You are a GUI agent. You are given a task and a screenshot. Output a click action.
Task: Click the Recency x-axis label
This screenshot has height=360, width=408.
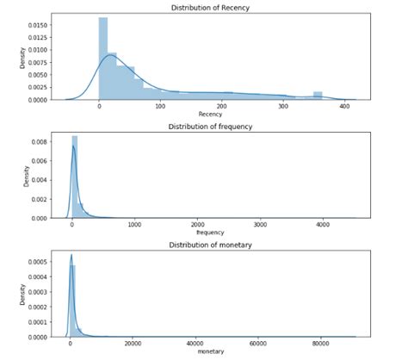click(x=210, y=114)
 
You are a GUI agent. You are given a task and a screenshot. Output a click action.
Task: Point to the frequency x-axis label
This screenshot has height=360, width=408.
click(x=210, y=233)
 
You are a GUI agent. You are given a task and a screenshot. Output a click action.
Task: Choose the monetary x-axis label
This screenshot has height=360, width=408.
click(x=210, y=352)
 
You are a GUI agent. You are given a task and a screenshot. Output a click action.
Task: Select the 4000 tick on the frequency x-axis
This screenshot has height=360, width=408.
click(x=323, y=225)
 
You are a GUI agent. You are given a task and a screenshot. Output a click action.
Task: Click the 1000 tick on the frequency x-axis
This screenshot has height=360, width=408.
click(x=135, y=225)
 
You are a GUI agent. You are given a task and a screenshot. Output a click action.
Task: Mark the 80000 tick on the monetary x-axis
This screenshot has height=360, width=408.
click(x=321, y=344)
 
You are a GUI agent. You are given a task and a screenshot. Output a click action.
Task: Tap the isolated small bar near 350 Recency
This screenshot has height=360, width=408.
click(x=318, y=96)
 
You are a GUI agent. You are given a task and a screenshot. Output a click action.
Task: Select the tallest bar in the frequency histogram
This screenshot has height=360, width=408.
click(x=75, y=177)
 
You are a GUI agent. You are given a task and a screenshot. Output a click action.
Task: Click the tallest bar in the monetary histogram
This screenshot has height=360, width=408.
click(x=73, y=301)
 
